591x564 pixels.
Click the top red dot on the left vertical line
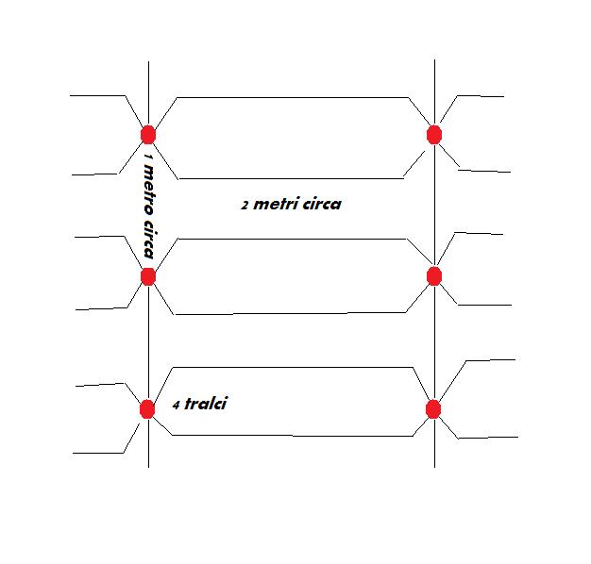pyautogui.click(x=148, y=134)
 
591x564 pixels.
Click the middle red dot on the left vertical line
pyautogui.click(x=148, y=276)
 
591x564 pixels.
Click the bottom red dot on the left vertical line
pyautogui.click(x=147, y=409)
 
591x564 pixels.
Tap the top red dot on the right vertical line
pyautogui.click(x=434, y=134)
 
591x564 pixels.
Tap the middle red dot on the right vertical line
pyautogui.click(x=434, y=275)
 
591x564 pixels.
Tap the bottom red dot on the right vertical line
pyautogui.click(x=433, y=409)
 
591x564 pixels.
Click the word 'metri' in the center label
pyautogui.click(x=277, y=204)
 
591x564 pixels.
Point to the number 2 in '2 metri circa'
pyautogui.click(x=245, y=206)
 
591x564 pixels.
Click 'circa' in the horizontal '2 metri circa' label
pyautogui.click(x=321, y=204)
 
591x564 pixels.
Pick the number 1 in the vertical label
pyautogui.click(x=148, y=156)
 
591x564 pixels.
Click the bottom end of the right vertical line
pyautogui.click(x=434, y=466)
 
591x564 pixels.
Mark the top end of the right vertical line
pyautogui.click(x=434, y=61)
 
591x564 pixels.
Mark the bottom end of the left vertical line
pyautogui.click(x=148, y=466)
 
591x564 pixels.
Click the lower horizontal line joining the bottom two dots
pyautogui.click(x=293, y=436)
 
